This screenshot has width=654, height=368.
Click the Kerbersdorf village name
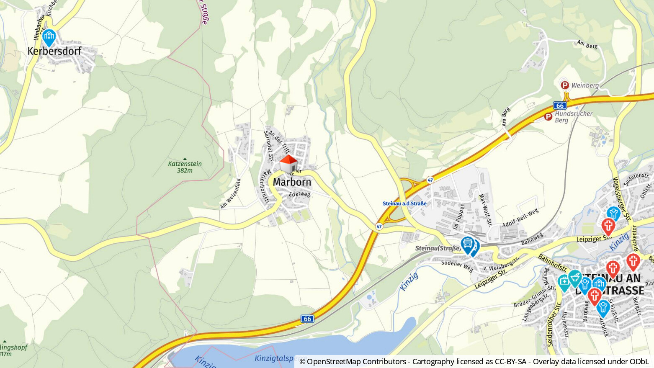click(x=54, y=51)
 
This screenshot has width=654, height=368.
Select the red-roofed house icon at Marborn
click(x=288, y=164)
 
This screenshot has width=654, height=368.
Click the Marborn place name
click(x=292, y=182)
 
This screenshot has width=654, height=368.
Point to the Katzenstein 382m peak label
click(x=185, y=167)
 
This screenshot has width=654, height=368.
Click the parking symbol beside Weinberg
click(x=565, y=85)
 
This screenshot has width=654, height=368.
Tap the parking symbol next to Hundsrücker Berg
click(x=548, y=117)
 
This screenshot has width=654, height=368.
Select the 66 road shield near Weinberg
click(x=560, y=106)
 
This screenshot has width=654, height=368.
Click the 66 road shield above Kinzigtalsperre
click(x=307, y=319)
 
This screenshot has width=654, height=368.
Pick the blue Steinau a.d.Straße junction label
click(x=404, y=203)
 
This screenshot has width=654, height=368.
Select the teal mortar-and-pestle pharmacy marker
click(x=575, y=278)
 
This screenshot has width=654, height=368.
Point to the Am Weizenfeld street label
click(x=231, y=193)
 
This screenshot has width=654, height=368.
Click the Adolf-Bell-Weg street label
click(x=520, y=218)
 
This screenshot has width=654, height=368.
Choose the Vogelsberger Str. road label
click(x=621, y=199)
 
